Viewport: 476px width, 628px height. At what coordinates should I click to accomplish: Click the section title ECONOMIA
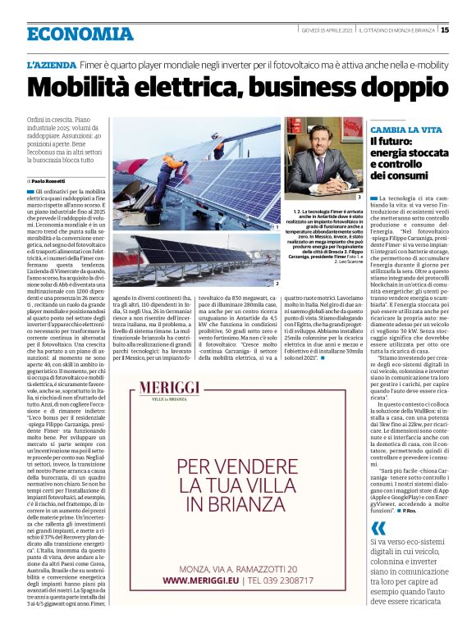coord(80,34)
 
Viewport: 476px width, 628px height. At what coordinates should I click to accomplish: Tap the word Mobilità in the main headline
coord(87,85)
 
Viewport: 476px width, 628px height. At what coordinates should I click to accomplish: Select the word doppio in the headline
coord(392,85)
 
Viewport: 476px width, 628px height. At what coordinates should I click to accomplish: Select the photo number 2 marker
coord(277,284)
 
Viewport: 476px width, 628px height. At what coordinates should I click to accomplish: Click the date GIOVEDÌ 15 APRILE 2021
coord(332,30)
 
